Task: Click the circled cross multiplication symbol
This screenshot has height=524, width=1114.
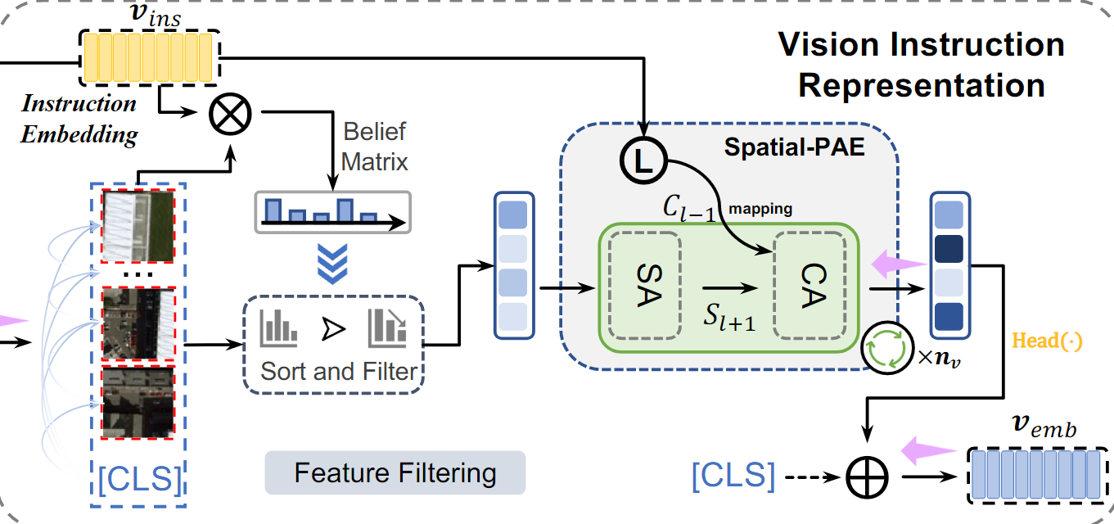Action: (x=232, y=114)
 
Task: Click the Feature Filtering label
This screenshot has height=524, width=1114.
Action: (x=395, y=473)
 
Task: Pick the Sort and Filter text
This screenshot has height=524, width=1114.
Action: (x=339, y=371)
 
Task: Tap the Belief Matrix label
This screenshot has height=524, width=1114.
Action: (x=374, y=146)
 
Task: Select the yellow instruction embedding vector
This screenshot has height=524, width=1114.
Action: (x=148, y=57)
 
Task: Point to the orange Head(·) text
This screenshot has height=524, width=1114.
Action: (x=1048, y=341)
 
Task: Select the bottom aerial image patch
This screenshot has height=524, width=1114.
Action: (x=138, y=402)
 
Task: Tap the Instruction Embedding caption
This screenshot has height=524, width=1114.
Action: (x=79, y=119)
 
